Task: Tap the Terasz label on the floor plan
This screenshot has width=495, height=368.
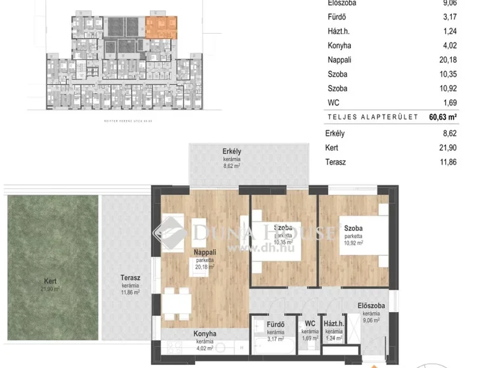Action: pyautogui.click(x=131, y=277)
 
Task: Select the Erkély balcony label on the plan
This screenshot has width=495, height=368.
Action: pyautogui.click(x=232, y=150)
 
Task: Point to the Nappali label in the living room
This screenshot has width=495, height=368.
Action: pyautogui.click(x=205, y=252)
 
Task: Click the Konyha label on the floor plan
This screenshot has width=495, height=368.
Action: pyautogui.click(x=205, y=334)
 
